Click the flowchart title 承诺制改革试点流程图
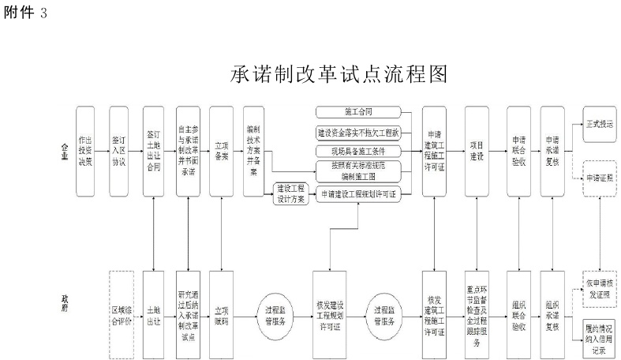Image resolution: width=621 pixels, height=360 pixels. tap(340, 74)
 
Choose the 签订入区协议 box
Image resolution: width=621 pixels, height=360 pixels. tap(119, 151)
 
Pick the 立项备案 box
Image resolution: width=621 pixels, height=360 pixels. tap(222, 151)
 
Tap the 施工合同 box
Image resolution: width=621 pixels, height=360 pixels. tap(358, 112)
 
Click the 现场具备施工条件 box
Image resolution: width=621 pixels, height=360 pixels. tap(358, 150)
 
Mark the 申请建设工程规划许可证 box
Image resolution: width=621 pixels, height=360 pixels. tap(358, 193)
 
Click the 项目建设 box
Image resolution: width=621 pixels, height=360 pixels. tap(475, 151)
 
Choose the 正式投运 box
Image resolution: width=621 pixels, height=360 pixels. tap(600, 124)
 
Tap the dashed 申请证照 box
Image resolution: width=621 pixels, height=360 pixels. tap(600, 178)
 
